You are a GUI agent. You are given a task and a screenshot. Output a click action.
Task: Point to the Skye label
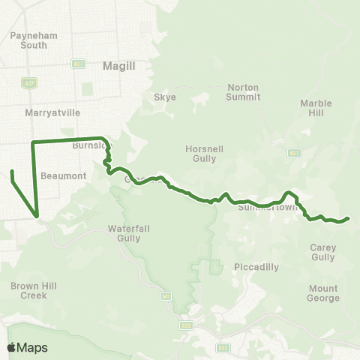point(164,97)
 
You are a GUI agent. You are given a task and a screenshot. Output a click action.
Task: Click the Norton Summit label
point(243,91)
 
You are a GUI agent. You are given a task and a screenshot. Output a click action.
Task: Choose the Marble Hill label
point(316,108)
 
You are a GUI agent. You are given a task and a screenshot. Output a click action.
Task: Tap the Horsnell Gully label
point(204,154)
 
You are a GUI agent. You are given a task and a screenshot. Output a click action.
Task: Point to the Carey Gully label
point(322,251)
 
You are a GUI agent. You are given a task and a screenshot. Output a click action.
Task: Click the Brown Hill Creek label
point(29,290)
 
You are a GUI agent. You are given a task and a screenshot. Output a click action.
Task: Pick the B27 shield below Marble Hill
point(295,153)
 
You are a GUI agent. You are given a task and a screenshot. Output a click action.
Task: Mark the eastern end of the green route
point(349,219)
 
